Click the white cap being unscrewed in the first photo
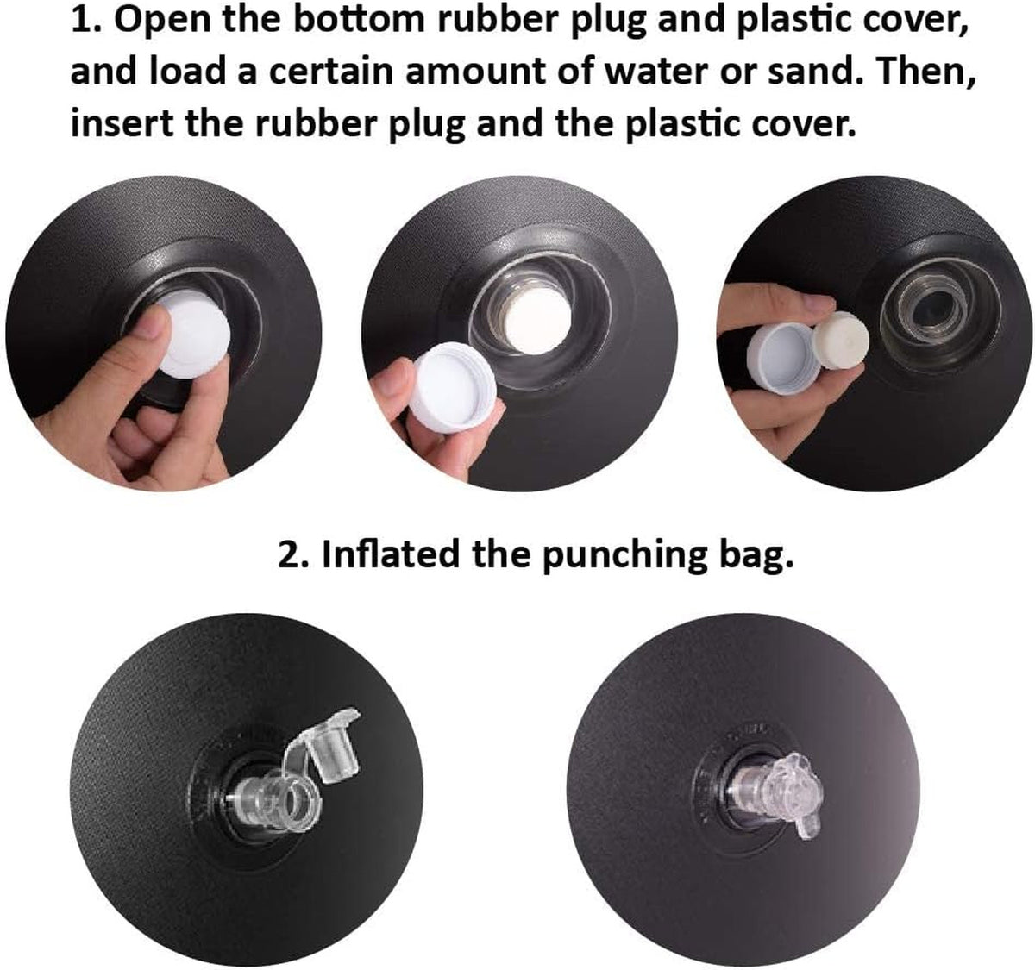194,333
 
